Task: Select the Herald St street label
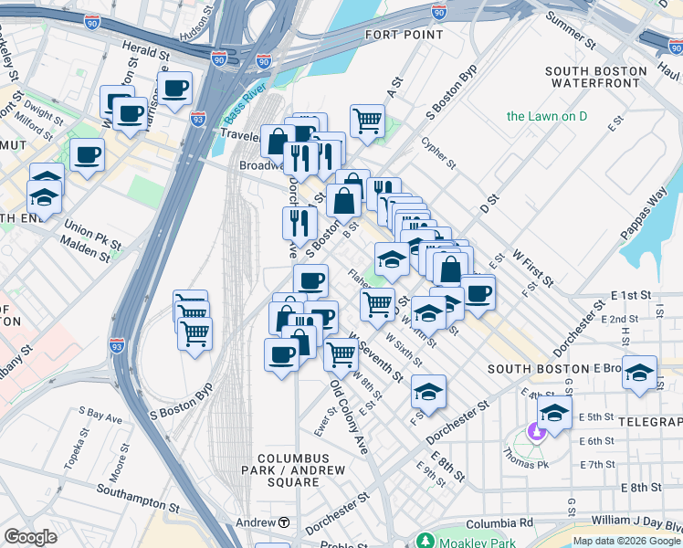pos(147,55)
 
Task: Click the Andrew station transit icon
pos(284,522)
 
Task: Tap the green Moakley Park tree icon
pos(423,541)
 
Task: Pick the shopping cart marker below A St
pos(366,119)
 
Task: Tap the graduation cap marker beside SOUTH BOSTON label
pos(640,372)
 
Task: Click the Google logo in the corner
pos(30,537)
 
